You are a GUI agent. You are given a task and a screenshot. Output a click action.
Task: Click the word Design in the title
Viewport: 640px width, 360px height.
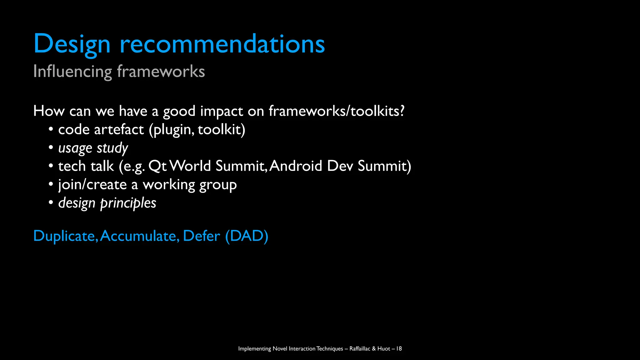[72, 44]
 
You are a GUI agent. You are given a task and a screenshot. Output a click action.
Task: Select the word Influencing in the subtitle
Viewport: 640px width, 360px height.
[72, 72]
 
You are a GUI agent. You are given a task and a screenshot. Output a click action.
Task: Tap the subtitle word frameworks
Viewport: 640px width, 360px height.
[161, 71]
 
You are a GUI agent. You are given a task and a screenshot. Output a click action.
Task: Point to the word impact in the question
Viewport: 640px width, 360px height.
[221, 111]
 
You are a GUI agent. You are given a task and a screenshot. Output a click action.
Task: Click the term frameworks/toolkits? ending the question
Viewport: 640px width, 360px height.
[337, 111]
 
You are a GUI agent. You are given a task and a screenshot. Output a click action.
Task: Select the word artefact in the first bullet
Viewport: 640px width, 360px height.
[119, 130]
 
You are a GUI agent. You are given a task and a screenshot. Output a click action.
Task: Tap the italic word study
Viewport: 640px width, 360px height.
[112, 148]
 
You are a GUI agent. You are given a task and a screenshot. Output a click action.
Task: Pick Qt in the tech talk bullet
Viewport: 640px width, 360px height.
[157, 166]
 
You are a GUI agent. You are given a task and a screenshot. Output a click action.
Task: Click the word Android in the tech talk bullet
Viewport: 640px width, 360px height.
[296, 166]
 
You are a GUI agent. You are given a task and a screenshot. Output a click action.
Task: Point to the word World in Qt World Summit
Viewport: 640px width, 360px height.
[190, 166]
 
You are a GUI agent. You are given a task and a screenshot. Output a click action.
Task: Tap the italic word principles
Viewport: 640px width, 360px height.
[128, 203]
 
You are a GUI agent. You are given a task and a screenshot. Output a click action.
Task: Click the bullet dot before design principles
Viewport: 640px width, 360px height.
[51, 202]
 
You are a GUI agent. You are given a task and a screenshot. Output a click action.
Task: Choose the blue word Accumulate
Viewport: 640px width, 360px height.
[140, 236]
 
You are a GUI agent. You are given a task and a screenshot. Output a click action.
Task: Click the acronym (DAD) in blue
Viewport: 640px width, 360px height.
[247, 236]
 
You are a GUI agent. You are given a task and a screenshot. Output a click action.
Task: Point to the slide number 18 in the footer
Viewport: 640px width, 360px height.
[399, 348]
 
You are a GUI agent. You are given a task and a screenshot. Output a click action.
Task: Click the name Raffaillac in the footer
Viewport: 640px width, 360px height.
[360, 348]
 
